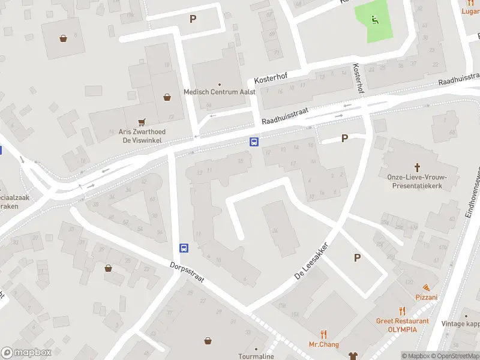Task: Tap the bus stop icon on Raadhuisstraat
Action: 254,142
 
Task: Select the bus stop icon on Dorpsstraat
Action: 184,248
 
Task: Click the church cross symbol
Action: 418,166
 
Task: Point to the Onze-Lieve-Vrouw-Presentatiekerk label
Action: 418,181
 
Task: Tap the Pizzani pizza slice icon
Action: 426,287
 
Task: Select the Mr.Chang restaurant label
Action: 324,344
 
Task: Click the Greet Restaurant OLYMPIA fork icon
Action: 403,311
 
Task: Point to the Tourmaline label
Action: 256,356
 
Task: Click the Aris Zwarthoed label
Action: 142,131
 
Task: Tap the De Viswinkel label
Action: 142,140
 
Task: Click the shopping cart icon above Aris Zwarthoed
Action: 142,121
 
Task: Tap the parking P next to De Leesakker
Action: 357,257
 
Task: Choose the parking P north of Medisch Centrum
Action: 193,19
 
